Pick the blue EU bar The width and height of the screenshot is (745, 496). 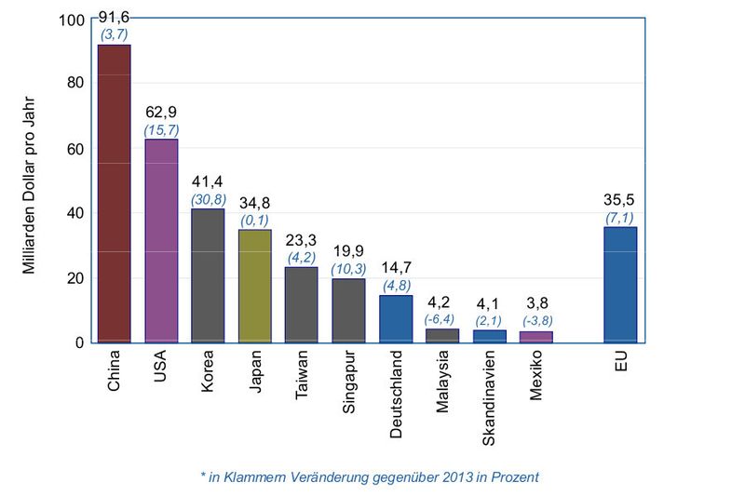(x=620, y=285)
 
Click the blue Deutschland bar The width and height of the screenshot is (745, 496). (x=395, y=318)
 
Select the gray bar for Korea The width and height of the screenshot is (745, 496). (x=208, y=275)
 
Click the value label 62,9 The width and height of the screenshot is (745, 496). (x=161, y=114)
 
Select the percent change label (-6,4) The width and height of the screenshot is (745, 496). (x=442, y=319)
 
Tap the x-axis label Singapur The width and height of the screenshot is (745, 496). (x=348, y=382)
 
